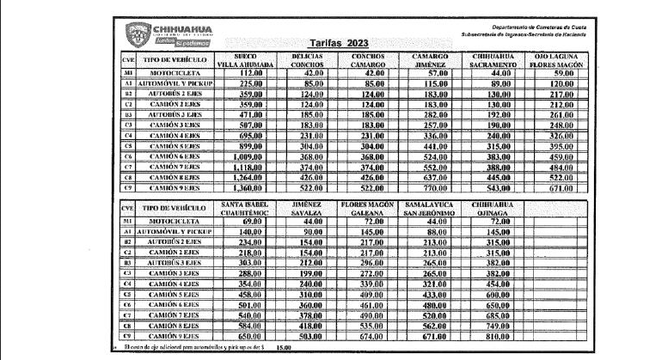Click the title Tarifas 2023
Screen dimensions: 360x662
[x=337, y=43]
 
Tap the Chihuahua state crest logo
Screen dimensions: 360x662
[x=138, y=35]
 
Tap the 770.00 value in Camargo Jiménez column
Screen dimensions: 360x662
[x=430, y=187]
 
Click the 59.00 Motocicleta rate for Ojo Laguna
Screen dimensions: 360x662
[x=561, y=74]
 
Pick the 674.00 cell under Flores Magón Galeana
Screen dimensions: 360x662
[x=371, y=336]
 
